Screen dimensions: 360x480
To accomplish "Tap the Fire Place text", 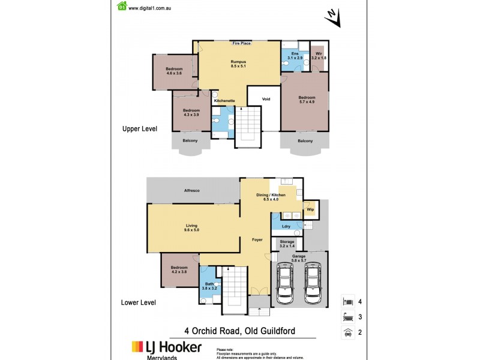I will coord(241,43).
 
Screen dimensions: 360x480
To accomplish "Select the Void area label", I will coord(266,99).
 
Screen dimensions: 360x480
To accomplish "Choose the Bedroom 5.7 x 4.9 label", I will coord(306,100).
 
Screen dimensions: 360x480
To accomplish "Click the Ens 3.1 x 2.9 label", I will coord(295,56).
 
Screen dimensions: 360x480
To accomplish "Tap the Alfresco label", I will coord(192,191).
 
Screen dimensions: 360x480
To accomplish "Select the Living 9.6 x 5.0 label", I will coord(191,227).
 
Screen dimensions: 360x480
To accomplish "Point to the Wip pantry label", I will coord(310,210).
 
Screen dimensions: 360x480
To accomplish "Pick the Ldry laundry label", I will coord(286,226).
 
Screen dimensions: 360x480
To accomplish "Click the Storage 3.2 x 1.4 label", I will coord(287,244).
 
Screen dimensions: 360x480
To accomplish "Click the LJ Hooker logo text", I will coord(167,347).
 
